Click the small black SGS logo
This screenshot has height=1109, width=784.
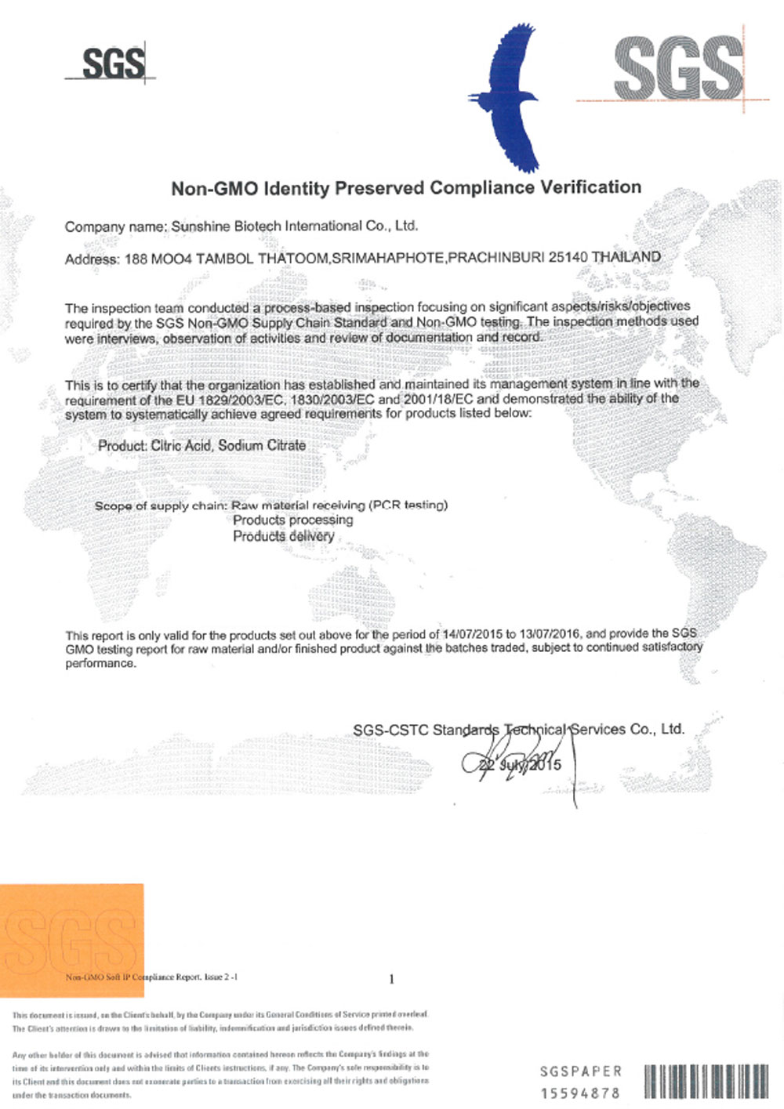113,63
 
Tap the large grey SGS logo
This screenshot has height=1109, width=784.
679,69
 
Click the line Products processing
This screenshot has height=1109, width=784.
292,520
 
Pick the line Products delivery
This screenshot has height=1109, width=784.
283,536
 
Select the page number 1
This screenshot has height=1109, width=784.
391,979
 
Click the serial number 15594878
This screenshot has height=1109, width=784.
580,1093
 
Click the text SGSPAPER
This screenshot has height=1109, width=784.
581,1071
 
